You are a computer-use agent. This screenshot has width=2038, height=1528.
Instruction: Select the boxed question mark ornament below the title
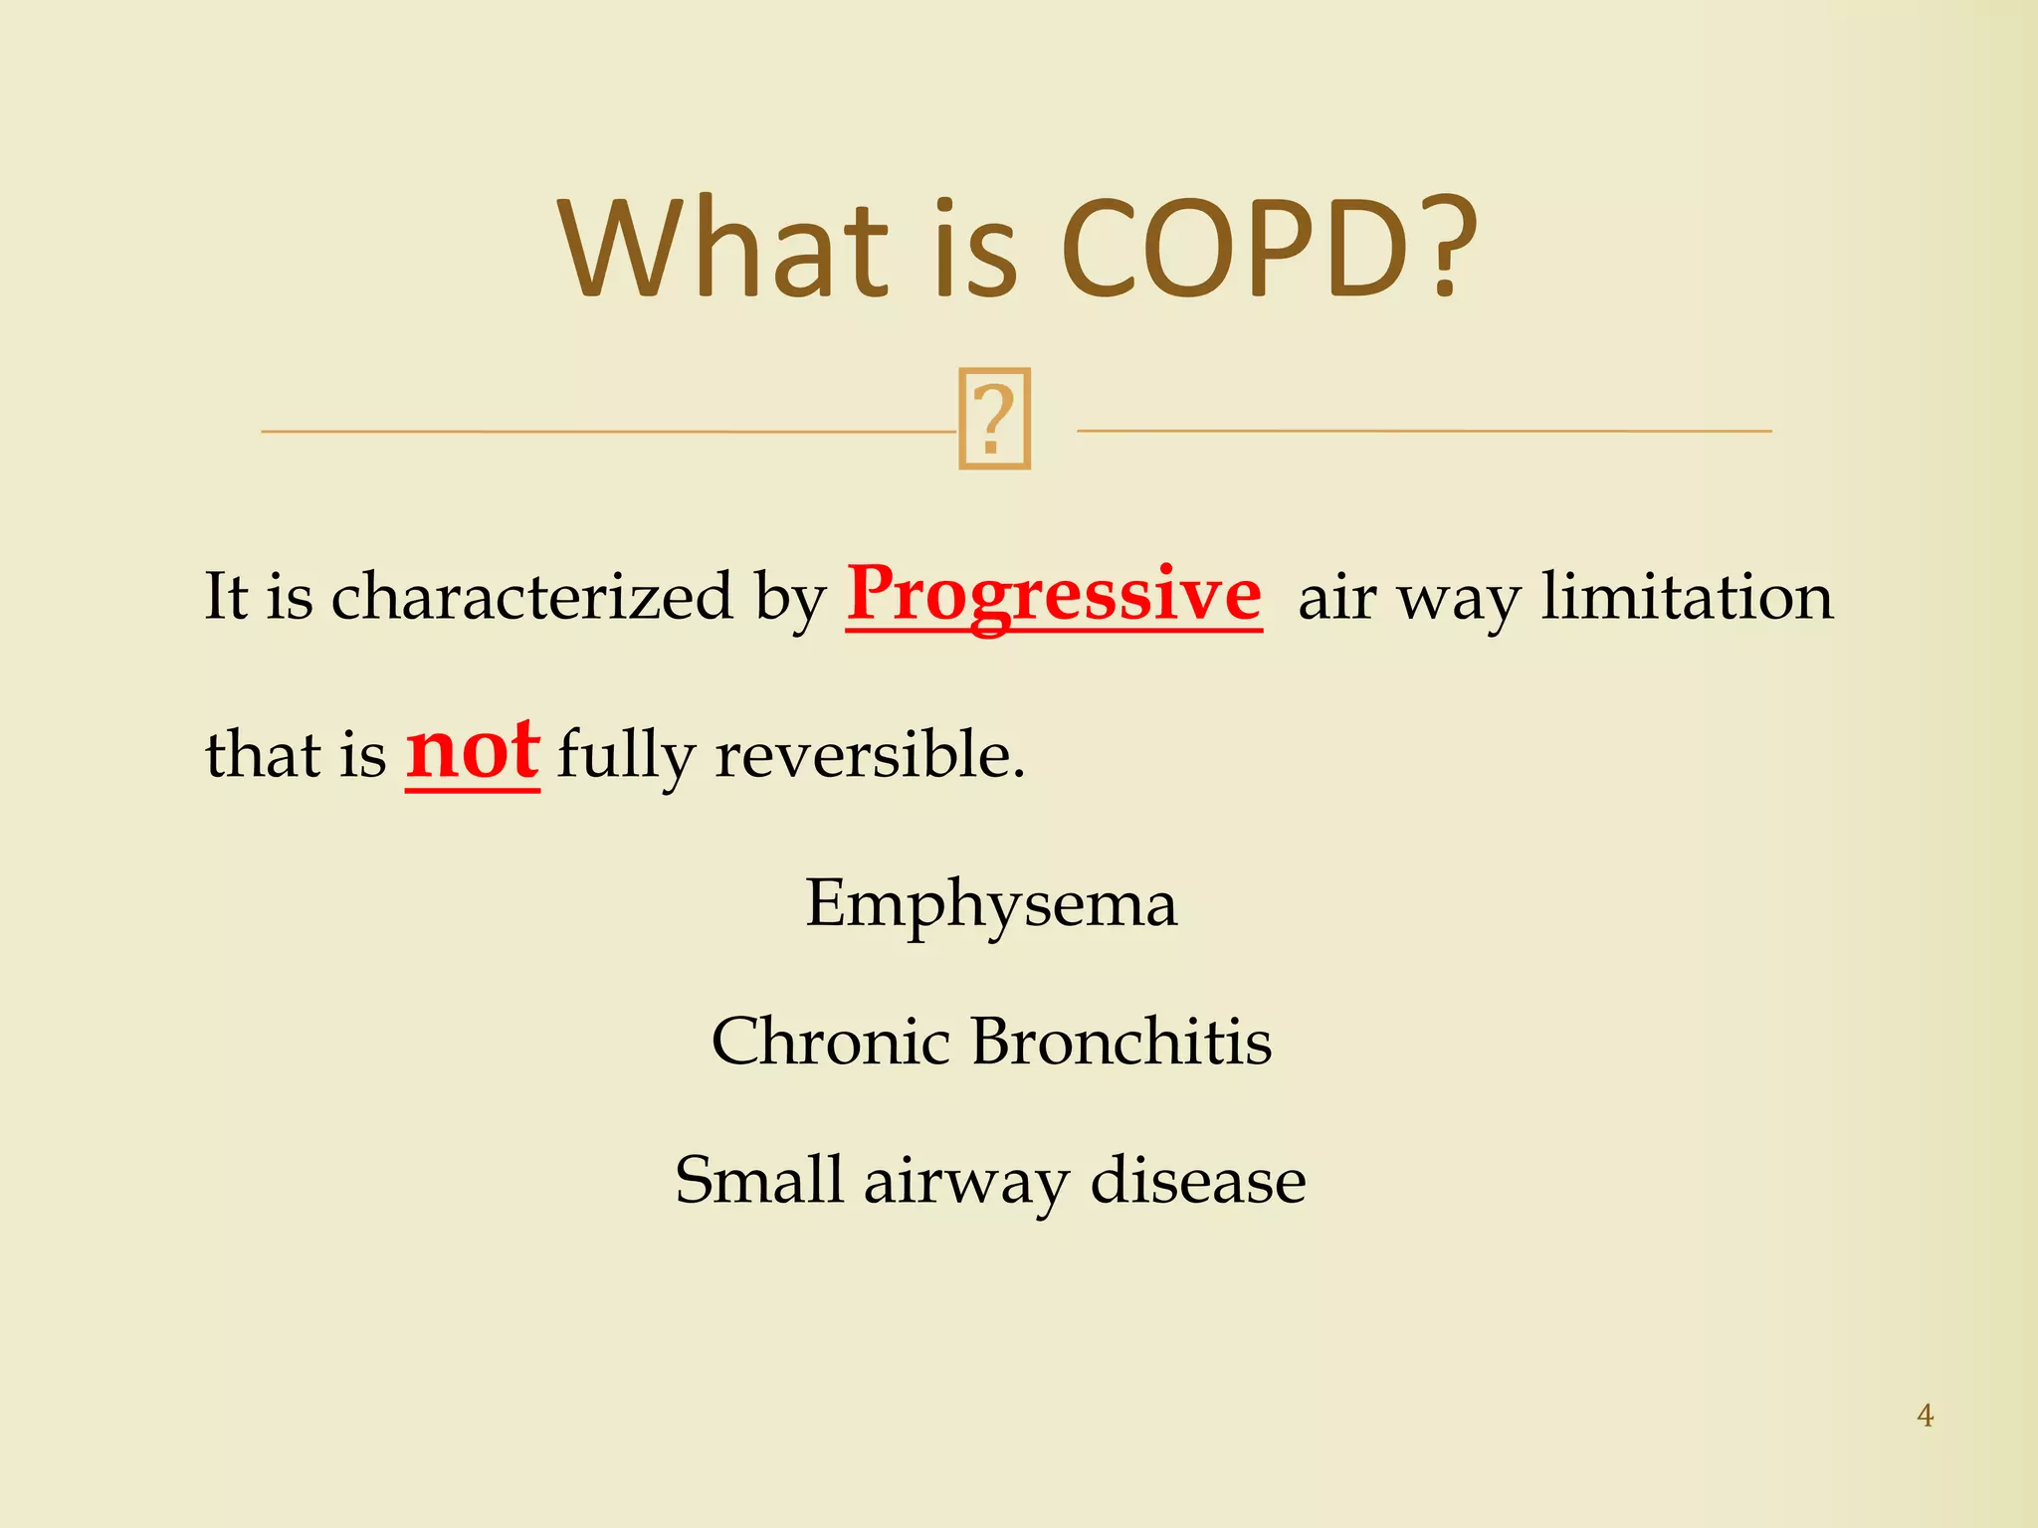point(994,419)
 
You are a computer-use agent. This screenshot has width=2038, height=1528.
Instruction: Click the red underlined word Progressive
point(1054,595)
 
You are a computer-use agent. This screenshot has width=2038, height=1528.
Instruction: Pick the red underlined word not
point(473,752)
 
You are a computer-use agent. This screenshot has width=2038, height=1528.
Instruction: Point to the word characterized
point(531,597)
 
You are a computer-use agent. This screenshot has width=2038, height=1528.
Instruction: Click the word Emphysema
point(991,905)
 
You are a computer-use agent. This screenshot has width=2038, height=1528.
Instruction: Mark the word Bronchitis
point(1121,1042)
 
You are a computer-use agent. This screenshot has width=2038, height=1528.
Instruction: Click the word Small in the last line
point(758,1181)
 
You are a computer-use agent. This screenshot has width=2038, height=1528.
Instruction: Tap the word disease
point(1197,1181)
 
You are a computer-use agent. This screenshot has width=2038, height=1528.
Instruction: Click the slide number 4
point(1925,1416)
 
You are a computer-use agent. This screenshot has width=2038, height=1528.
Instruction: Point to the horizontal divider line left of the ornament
point(607,432)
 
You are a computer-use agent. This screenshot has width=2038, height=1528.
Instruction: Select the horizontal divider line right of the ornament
point(1423,431)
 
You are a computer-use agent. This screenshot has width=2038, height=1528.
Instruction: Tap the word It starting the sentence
point(226,597)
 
